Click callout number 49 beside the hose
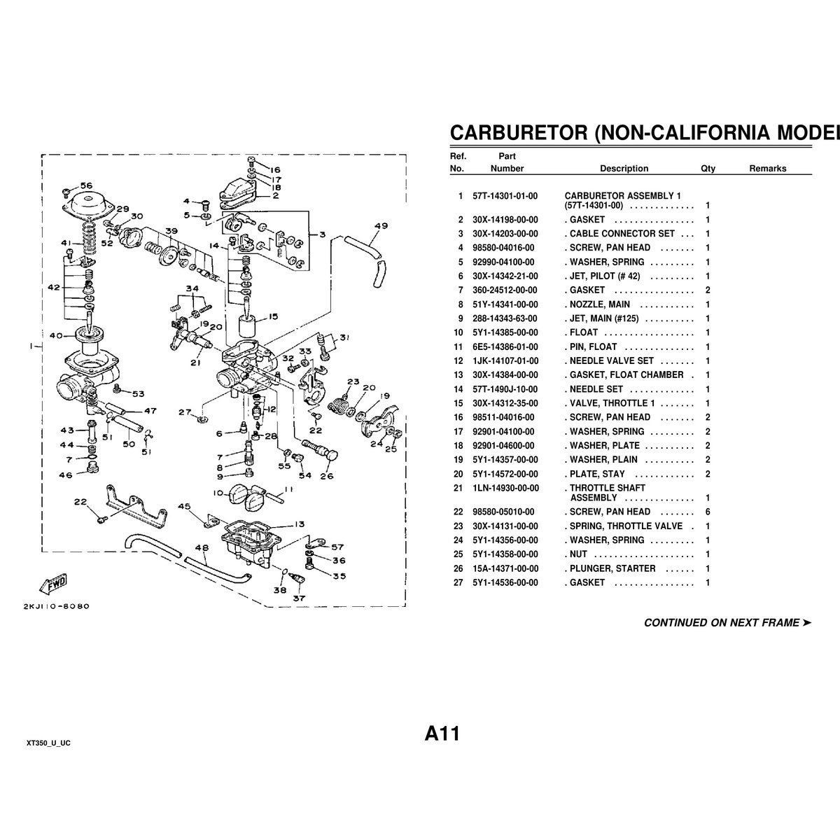381,226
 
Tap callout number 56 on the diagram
86,185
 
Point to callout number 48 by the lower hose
202,548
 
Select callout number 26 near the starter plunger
327,477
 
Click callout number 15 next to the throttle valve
272,316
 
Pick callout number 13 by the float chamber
299,524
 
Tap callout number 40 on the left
56,335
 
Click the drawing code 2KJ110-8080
56,606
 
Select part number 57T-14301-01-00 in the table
505,196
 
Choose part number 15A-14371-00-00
505,568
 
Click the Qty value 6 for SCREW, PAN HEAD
708,512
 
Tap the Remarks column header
768,169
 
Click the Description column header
624,169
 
